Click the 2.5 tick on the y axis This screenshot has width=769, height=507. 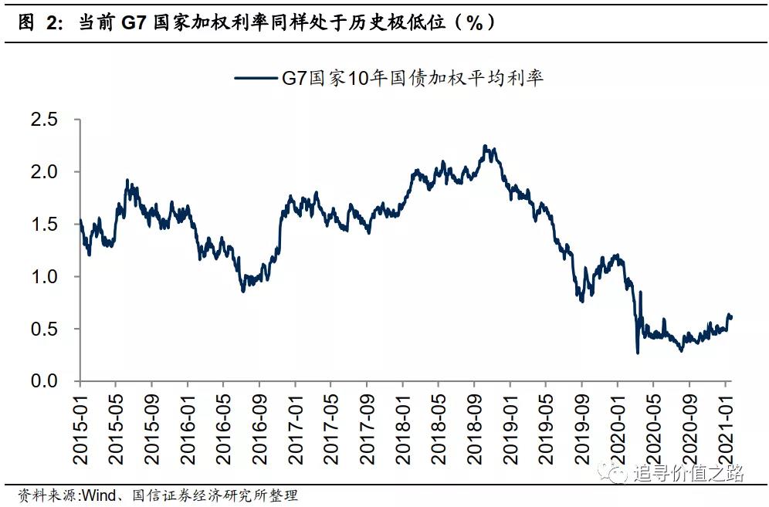click(43, 120)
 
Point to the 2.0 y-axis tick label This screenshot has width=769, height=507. click(43, 172)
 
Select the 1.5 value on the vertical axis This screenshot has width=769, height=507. click(43, 225)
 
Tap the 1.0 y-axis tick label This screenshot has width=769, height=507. click(43, 276)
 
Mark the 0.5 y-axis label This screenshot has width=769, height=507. click(43, 329)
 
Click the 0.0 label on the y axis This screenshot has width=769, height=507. click(43, 381)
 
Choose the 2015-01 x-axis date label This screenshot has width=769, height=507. click(80, 428)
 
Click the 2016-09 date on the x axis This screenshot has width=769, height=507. click(259, 428)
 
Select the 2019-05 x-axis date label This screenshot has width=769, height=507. click(544, 428)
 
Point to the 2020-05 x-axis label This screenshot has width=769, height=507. click(652, 428)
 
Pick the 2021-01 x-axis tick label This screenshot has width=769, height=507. click(724, 428)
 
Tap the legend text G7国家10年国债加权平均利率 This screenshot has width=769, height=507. click(410, 78)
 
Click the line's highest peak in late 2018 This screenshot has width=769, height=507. click(484, 145)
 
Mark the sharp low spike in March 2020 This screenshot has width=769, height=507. click(638, 353)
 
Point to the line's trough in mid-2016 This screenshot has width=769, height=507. click(242, 291)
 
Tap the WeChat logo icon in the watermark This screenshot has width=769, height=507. click(617, 472)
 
